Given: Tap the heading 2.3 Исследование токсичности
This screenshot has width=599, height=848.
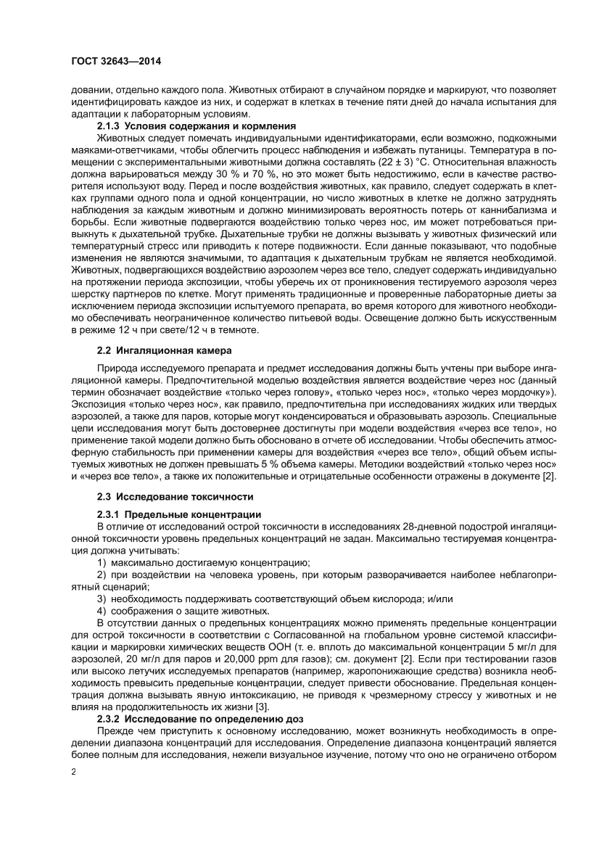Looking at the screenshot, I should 175,496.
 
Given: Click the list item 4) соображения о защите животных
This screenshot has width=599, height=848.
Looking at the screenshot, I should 178,612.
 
